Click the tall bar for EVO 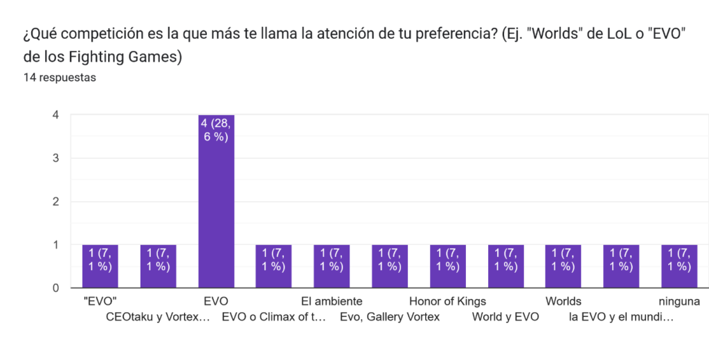216,201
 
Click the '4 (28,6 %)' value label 216,129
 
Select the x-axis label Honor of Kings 447,301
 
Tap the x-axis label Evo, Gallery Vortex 390,318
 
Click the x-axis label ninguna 679,301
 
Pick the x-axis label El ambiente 332,301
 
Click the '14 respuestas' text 60,78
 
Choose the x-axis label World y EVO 505,318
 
